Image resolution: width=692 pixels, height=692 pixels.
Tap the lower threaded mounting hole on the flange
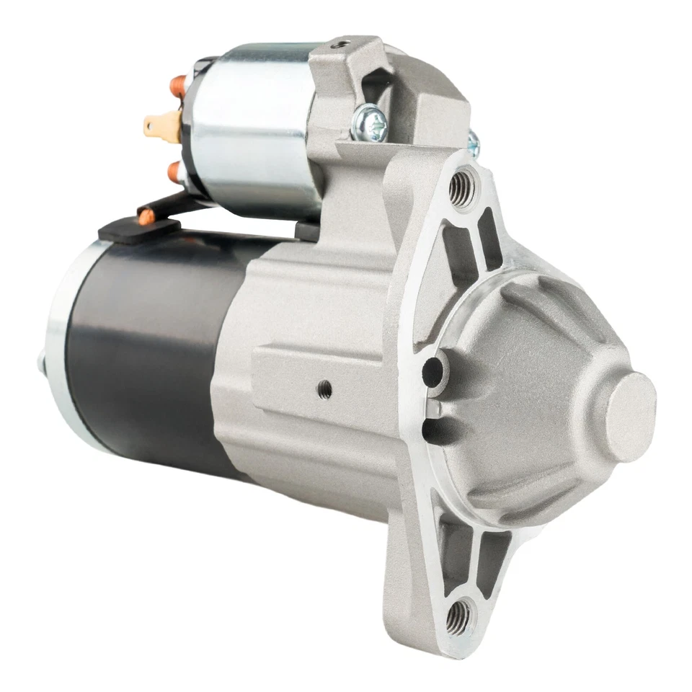[458, 616]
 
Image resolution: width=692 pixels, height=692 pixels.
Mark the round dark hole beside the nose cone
[432, 369]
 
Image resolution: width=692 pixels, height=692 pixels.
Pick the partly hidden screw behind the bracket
[473, 142]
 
